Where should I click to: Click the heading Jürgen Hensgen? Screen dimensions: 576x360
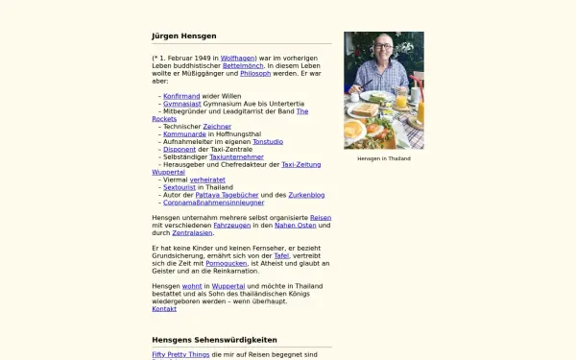click(x=184, y=36)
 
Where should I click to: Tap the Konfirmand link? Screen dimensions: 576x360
click(x=181, y=96)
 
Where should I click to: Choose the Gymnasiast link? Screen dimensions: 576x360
click(x=182, y=104)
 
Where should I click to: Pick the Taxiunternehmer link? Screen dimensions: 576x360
click(x=236, y=156)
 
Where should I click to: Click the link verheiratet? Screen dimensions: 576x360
click(x=208, y=180)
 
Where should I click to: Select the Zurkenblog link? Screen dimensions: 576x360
click(x=293, y=195)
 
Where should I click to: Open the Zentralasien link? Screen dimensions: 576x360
click(x=192, y=233)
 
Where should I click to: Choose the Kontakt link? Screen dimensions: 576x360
click(x=164, y=309)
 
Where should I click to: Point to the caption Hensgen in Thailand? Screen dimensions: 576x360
click(x=383, y=158)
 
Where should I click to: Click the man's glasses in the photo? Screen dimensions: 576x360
click(x=381, y=48)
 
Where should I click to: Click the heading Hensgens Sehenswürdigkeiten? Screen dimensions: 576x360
click(x=214, y=340)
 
